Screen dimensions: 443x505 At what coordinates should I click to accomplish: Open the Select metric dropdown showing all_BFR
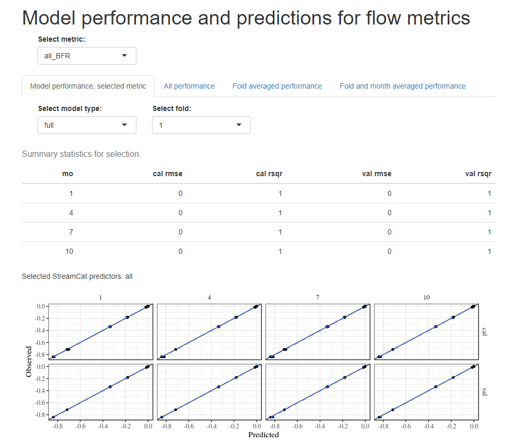coord(87,56)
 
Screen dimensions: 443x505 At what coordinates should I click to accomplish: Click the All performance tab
coord(189,86)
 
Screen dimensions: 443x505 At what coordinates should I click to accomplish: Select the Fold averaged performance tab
coord(277,86)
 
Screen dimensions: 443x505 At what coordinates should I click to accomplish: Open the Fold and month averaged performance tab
coord(402,86)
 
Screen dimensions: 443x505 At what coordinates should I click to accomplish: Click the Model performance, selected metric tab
coord(88,86)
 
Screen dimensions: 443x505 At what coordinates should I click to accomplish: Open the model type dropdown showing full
coord(87,125)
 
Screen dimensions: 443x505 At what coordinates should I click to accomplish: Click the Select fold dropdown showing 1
coord(201,125)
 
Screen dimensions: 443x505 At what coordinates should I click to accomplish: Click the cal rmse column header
coord(167,174)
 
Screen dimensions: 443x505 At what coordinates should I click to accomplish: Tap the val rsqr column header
coord(478,174)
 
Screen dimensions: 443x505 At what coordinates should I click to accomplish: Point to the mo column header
coord(68,174)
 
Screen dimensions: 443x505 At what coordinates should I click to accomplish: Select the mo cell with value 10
coord(69,251)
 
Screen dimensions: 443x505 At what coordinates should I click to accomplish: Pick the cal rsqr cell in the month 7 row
coord(280,232)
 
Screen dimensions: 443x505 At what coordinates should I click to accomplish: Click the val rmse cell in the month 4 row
coord(389,213)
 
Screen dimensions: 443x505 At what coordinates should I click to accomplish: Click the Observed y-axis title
coord(29,361)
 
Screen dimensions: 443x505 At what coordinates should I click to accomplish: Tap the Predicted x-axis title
coord(263,435)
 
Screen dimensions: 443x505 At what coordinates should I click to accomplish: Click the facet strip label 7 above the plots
coord(318,298)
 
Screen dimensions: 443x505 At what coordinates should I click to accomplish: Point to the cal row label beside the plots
coord(485,331)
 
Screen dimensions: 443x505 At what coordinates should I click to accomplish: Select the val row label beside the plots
coord(485,391)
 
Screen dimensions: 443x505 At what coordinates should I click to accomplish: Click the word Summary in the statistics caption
coord(39,154)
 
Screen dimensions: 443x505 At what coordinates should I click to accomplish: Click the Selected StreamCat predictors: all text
coord(77,276)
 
